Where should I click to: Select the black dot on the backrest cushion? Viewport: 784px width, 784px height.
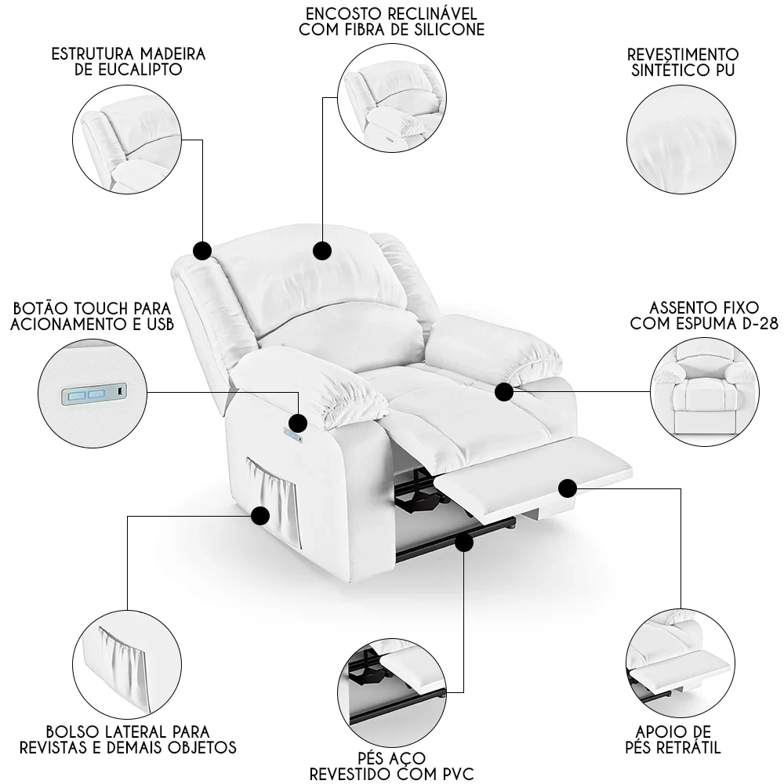[321, 251]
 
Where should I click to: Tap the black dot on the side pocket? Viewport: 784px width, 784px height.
[260, 515]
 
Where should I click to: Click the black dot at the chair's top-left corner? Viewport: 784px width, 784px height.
[201, 250]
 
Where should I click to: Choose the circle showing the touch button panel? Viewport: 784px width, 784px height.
[92, 393]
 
